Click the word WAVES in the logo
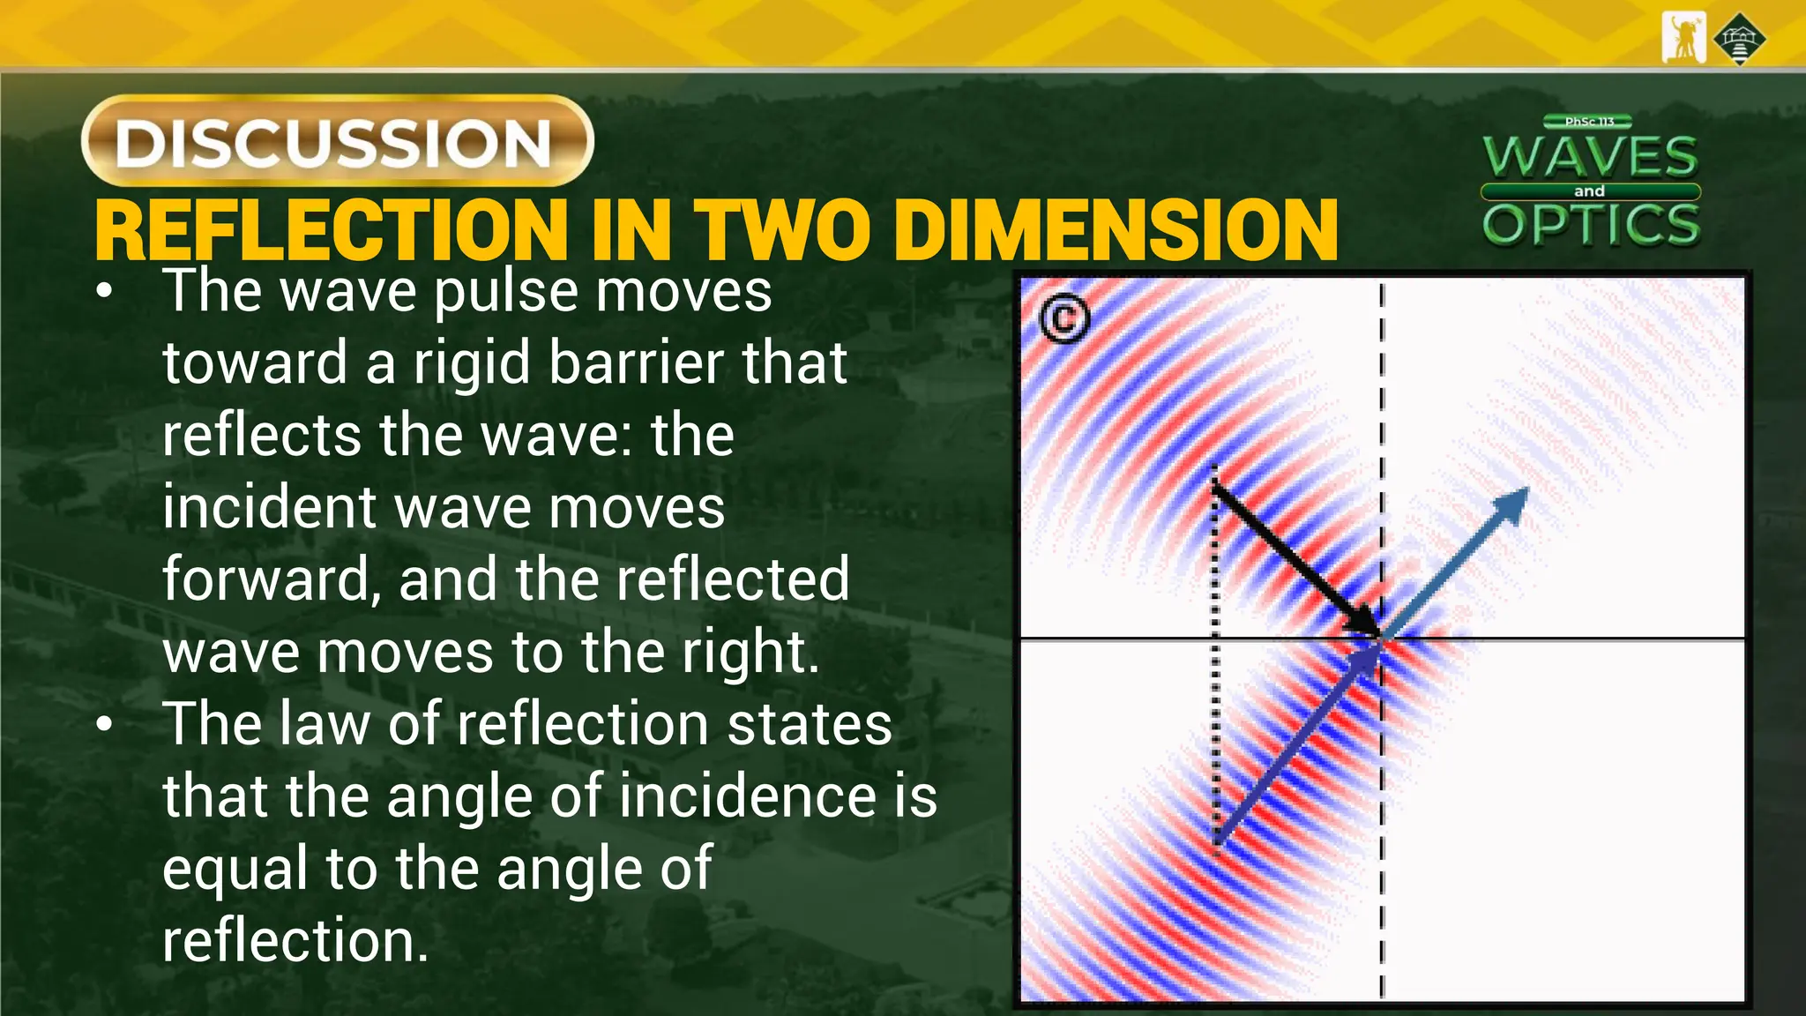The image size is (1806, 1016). coord(1590,157)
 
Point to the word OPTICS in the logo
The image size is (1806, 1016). coord(1591,224)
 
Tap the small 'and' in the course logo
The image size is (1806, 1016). coord(1589,191)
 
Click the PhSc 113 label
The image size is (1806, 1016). coord(1589,122)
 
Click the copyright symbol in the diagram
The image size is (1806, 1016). coord(1064,318)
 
